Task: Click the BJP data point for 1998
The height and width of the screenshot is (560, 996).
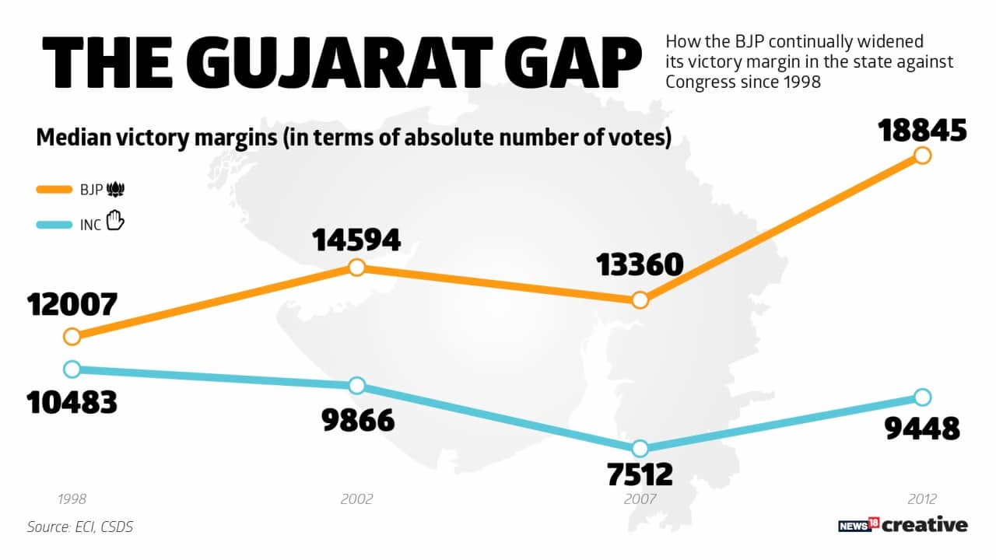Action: pyautogui.click(x=72, y=337)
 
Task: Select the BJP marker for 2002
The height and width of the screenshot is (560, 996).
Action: pyautogui.click(x=356, y=268)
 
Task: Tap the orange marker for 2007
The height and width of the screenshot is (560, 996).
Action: pyautogui.click(x=640, y=300)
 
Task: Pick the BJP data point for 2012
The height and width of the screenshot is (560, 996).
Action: pyautogui.click(x=922, y=156)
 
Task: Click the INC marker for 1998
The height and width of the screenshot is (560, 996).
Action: pyautogui.click(x=72, y=369)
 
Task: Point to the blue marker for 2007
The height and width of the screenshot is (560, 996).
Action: pyautogui.click(x=640, y=448)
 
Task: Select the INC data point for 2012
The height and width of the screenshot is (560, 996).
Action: pyautogui.click(x=922, y=397)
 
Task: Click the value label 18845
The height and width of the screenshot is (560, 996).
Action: pyautogui.click(x=922, y=131)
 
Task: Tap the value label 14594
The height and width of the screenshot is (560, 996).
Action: pyautogui.click(x=356, y=240)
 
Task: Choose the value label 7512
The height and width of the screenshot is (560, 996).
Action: pyautogui.click(x=640, y=474)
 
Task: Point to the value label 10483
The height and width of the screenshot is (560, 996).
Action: pyautogui.click(x=72, y=402)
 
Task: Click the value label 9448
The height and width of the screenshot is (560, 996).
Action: pyautogui.click(x=922, y=429)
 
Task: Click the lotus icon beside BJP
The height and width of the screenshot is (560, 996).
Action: pyautogui.click(x=116, y=189)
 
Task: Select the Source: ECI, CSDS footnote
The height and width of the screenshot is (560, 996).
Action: pyautogui.click(x=80, y=527)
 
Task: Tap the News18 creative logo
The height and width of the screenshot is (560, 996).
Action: pyautogui.click(x=903, y=525)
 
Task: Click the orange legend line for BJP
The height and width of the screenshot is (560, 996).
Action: pyautogui.click(x=56, y=189)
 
